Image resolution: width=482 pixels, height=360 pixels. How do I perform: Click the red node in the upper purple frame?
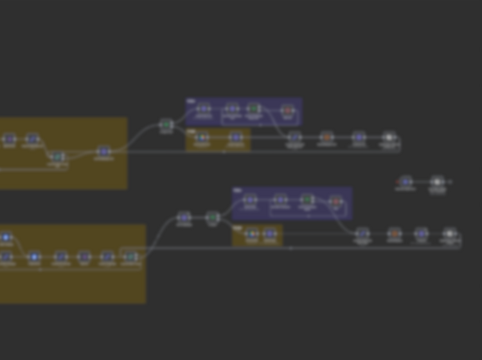click(288, 110)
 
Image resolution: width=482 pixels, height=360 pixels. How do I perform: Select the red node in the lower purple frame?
click(335, 201)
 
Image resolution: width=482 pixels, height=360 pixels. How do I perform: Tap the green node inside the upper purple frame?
click(254, 109)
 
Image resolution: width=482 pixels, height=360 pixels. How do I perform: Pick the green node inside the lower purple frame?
click(308, 200)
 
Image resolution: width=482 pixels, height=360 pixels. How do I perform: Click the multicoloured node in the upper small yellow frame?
click(202, 137)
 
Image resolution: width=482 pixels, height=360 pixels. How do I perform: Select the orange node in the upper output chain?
click(327, 137)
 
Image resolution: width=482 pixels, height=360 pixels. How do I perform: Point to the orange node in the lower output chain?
click(395, 233)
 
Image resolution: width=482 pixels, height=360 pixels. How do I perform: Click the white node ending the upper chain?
click(389, 137)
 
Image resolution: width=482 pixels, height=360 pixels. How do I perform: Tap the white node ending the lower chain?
click(450, 233)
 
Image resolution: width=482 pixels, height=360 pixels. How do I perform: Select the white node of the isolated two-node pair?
click(438, 182)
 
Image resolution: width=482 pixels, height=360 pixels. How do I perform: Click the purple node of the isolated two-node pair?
click(405, 182)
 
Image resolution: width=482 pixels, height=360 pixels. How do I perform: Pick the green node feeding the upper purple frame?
click(166, 124)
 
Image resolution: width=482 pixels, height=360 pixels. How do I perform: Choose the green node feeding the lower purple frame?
click(213, 218)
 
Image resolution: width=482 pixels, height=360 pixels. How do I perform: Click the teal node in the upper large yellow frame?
click(58, 157)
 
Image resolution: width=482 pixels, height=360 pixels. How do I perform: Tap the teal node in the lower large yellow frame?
click(131, 257)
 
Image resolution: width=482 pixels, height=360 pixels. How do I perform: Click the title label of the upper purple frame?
click(190, 101)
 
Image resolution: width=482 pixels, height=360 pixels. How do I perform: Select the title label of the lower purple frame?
click(237, 190)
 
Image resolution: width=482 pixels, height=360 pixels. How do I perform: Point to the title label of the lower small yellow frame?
click(237, 228)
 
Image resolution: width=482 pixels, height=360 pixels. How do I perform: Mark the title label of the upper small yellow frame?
click(190, 130)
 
